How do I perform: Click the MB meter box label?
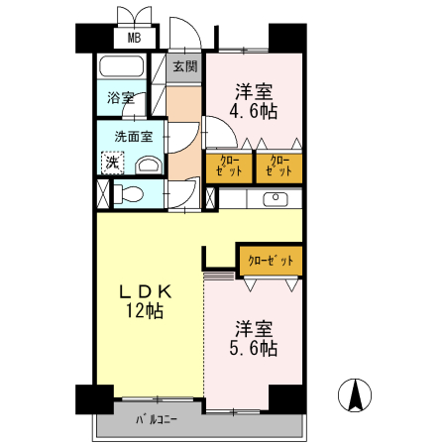(134, 38)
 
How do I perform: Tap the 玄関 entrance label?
(185, 66)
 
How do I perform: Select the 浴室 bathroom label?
(121, 97)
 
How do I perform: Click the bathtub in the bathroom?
(122, 66)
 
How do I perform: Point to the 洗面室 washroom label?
(134, 137)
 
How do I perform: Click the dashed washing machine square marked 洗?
(112, 163)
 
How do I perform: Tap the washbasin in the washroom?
(150, 165)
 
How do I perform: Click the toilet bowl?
(129, 194)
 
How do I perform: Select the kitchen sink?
(276, 198)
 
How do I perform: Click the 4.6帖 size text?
(254, 111)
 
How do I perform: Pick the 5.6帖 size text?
(254, 348)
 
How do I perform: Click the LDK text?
(146, 291)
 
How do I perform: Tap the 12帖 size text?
(145, 311)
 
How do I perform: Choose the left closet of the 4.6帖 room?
(229, 167)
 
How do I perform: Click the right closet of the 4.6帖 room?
(279, 167)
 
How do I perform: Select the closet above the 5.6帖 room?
(271, 261)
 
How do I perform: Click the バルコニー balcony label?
(157, 420)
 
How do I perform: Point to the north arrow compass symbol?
(355, 394)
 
